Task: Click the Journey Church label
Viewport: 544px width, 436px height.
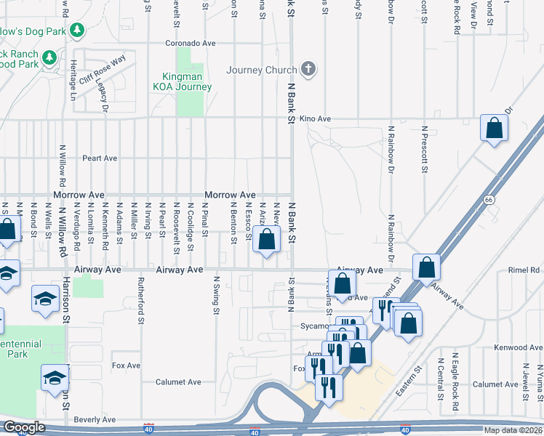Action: [262, 70]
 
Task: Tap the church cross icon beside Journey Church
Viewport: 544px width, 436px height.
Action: [308, 70]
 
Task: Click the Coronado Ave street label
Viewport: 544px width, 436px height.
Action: [191, 43]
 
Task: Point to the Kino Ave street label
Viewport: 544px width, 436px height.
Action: [315, 118]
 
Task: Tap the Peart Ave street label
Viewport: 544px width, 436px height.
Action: [100, 158]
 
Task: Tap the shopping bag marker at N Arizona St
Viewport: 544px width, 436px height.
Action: [267, 239]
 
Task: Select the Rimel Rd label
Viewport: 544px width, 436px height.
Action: [524, 270]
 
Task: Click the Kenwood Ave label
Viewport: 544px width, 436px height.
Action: [518, 347]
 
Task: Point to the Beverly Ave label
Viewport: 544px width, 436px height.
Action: [95, 419]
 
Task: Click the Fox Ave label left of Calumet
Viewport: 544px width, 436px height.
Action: [126, 365]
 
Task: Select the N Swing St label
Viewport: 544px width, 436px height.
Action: [216, 295]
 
